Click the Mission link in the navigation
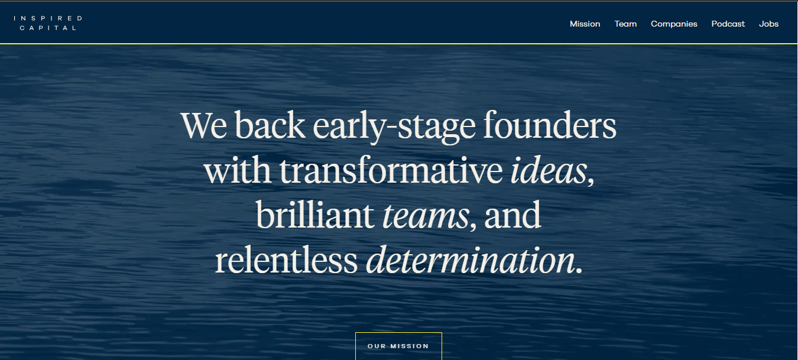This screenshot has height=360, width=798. (585, 24)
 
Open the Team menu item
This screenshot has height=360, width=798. (625, 24)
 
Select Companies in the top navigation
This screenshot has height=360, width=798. (674, 24)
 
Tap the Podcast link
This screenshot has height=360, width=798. (728, 24)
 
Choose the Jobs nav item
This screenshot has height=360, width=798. (768, 24)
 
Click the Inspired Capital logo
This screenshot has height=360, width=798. (48, 23)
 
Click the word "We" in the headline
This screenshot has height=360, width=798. (204, 125)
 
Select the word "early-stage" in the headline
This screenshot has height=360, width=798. (394, 127)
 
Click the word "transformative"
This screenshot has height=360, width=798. (391, 170)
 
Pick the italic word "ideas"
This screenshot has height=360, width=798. (549, 170)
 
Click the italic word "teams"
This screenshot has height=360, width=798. (426, 216)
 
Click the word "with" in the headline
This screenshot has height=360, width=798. (237, 170)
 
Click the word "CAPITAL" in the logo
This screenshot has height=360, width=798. (48, 28)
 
